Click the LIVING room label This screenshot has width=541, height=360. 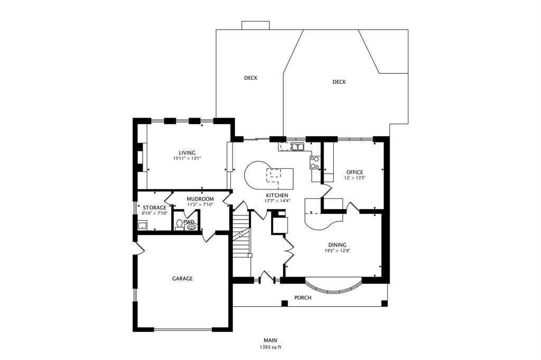click(x=187, y=153)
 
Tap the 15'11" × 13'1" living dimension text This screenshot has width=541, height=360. click(x=187, y=158)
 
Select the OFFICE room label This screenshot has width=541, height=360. click(x=355, y=173)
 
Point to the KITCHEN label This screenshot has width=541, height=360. click(x=277, y=195)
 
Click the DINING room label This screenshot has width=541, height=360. click(x=337, y=245)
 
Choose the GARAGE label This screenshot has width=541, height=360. click(x=182, y=279)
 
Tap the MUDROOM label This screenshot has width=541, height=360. click(x=200, y=199)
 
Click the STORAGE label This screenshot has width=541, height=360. click(x=155, y=207)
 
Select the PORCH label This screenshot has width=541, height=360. click(x=303, y=298)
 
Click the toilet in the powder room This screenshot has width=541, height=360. click(x=179, y=225)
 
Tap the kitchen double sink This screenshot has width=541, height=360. click(x=297, y=147)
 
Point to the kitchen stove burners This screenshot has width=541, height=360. click(x=315, y=163)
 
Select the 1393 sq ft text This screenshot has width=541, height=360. click(x=270, y=347)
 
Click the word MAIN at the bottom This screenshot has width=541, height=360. click(x=270, y=340)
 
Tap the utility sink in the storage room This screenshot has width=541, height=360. click(x=142, y=226)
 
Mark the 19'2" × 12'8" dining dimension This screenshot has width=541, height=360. click(x=337, y=251)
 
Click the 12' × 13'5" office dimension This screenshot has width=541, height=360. click(x=355, y=178)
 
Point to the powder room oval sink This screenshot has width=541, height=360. click(x=191, y=227)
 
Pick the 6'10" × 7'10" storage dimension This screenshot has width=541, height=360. click(x=155, y=213)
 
